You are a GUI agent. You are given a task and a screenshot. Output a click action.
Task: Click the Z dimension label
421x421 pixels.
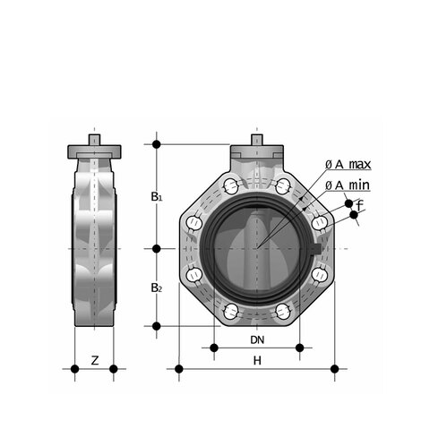click(95, 361)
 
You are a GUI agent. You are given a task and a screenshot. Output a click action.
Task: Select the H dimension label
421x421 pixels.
click(257, 361)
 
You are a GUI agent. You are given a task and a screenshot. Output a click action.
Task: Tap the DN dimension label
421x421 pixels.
click(257, 339)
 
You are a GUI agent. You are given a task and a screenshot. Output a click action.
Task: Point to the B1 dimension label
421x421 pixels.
click(157, 197)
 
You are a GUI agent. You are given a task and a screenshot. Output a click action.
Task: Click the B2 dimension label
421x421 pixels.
click(157, 288)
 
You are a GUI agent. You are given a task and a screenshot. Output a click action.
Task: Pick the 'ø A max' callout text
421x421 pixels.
click(348, 164)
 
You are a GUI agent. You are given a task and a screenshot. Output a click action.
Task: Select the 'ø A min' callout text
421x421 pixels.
click(348, 185)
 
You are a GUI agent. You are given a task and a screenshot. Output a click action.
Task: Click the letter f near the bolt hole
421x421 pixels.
click(360, 205)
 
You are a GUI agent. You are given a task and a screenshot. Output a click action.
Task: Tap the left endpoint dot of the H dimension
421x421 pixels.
click(179, 369)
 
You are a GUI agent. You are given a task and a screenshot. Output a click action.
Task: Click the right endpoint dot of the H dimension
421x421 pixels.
click(335, 369)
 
